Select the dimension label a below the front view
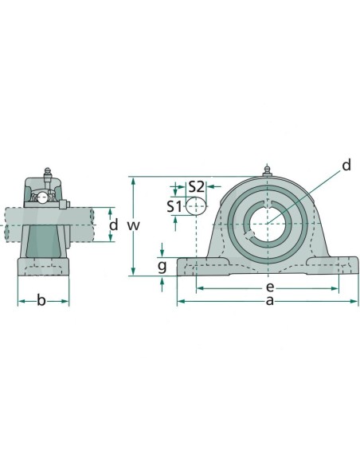point(269,300)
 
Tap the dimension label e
point(269,286)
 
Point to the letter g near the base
point(162,265)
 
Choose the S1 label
point(174,205)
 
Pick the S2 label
point(196,186)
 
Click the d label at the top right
point(346,165)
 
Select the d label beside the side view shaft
point(113,225)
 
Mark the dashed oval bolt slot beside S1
point(196,206)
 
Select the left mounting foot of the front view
point(196,265)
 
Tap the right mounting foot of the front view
point(338,265)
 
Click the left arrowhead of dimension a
point(179,302)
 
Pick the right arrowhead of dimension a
point(356,302)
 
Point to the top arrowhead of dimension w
point(134,180)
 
